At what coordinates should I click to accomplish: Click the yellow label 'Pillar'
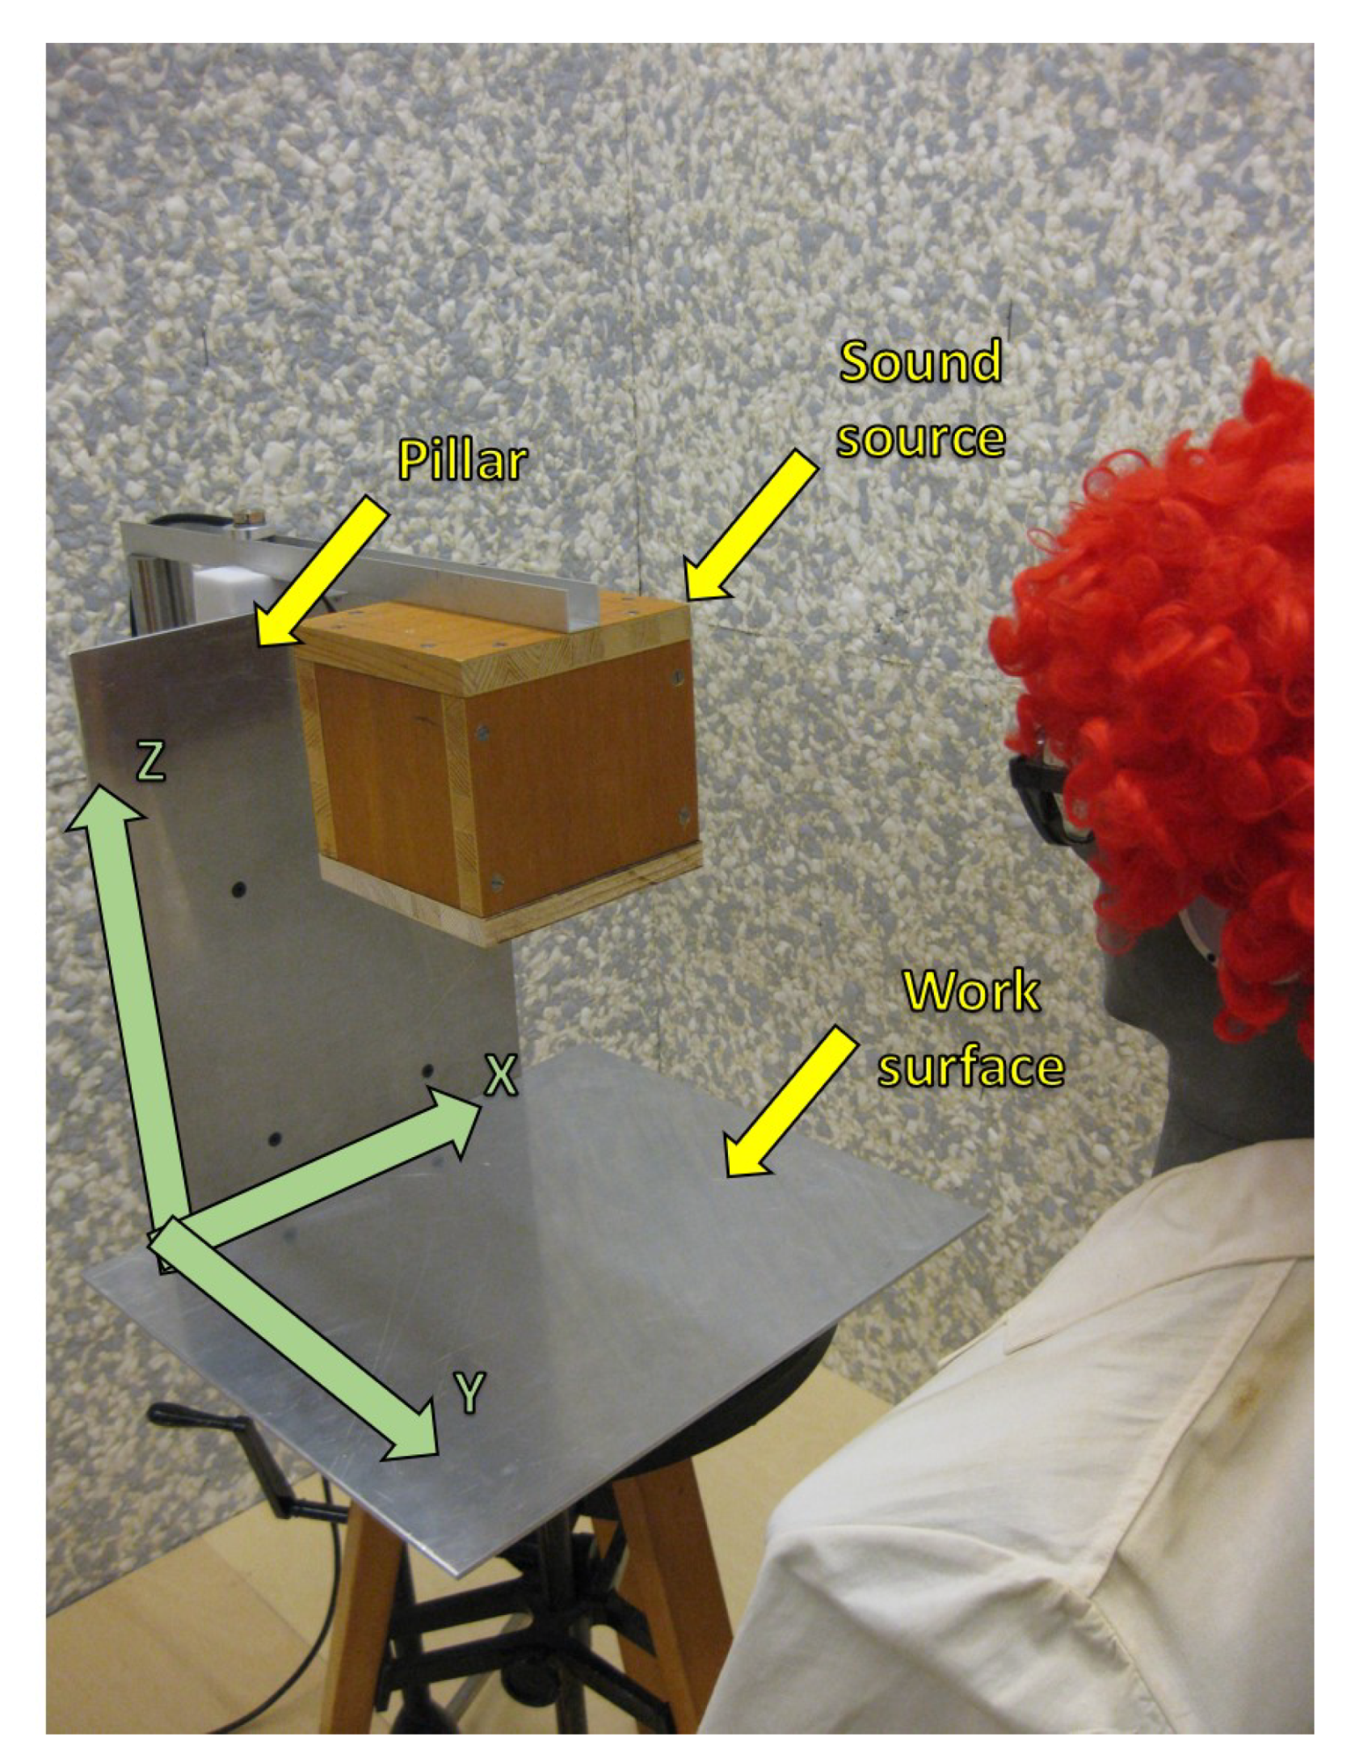pyautogui.click(x=462, y=461)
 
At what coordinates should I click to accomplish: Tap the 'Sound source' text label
pyautogui.click(x=920, y=399)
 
